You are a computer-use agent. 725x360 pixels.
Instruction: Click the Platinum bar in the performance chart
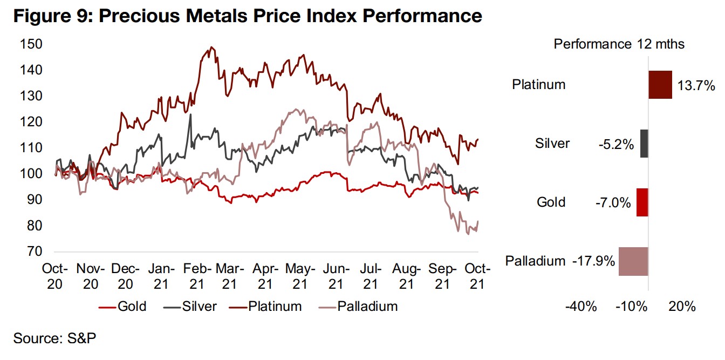click(660, 85)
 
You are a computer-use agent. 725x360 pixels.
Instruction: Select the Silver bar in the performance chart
click(644, 144)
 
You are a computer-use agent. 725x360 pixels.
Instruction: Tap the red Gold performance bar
click(642, 202)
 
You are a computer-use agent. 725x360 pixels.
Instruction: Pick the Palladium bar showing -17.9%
click(633, 261)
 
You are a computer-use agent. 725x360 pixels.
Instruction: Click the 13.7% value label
click(696, 85)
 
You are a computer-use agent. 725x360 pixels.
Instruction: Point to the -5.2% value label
click(616, 144)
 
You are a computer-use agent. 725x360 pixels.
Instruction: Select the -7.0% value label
click(614, 203)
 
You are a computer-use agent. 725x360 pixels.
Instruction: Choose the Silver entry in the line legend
click(193, 307)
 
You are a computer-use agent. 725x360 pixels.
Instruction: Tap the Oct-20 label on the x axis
click(56, 275)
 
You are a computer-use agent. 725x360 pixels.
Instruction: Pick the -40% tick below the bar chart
click(581, 307)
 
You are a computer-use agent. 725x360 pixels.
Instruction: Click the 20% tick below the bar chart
click(682, 307)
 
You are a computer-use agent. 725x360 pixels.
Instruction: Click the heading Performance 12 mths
click(619, 44)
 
